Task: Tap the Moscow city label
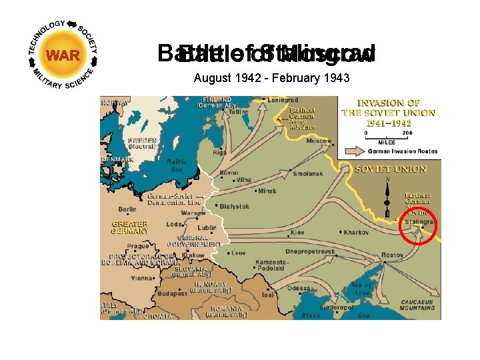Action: [x=319, y=141]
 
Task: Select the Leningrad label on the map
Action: [x=280, y=99]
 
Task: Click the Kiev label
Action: [x=297, y=233]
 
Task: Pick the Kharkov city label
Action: [x=355, y=232]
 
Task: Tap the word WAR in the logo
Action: [x=63, y=55]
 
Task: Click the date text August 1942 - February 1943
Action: [x=271, y=78]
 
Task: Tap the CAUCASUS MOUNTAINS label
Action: [x=417, y=305]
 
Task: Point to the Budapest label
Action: [x=172, y=292]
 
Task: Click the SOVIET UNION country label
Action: [x=390, y=169]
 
